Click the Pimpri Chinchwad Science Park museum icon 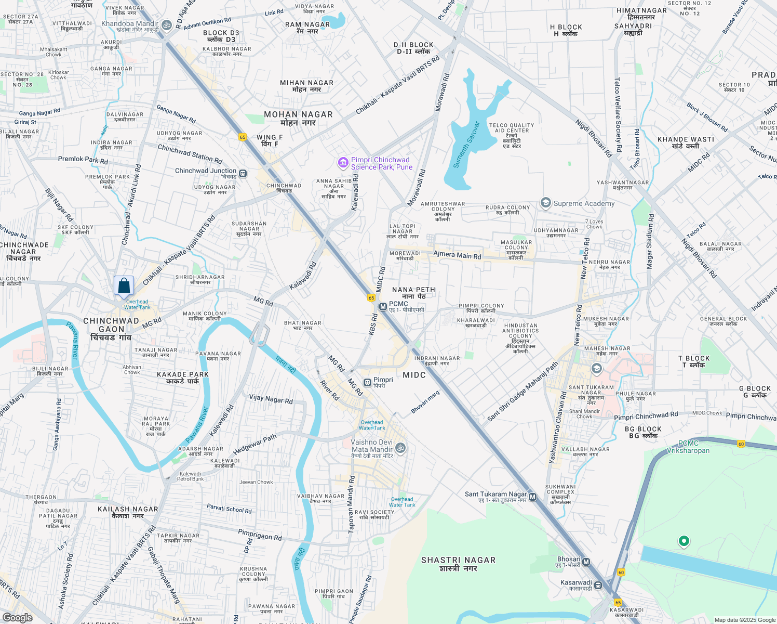[x=343, y=163]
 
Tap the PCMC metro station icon [x=383, y=307]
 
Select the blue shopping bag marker [x=124, y=286]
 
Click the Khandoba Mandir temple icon [x=167, y=24]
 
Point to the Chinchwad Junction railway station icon [x=243, y=173]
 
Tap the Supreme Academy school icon [x=545, y=203]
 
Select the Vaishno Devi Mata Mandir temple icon [x=400, y=447]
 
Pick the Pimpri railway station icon [x=367, y=383]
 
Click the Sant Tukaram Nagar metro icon [x=532, y=497]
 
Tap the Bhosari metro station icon [x=586, y=562]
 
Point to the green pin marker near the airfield [x=684, y=541]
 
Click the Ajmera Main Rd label [x=457, y=255]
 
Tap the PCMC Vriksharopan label [x=688, y=447]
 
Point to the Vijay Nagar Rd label [x=271, y=399]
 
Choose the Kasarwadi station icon [x=598, y=585]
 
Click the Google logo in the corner [x=17, y=618]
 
